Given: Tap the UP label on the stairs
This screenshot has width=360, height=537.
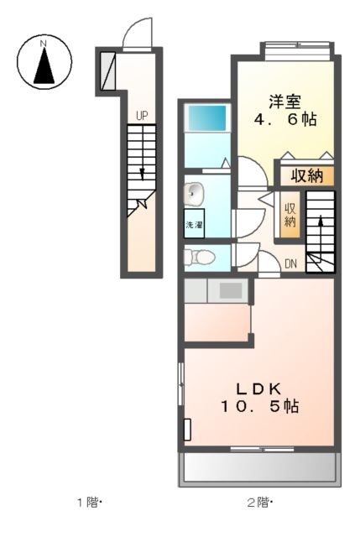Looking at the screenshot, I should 142,116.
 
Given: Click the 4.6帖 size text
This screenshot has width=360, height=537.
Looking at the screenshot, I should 284,120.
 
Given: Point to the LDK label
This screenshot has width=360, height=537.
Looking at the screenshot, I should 260,388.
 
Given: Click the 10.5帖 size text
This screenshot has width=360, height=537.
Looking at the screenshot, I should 260,406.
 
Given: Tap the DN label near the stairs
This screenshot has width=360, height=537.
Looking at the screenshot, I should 290,264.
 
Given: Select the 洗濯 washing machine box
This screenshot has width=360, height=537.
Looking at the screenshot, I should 194,225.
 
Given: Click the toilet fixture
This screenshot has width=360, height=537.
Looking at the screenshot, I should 195,256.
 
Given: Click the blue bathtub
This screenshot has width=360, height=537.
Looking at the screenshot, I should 206,117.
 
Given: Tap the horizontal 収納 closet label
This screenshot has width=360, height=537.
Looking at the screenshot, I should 306,176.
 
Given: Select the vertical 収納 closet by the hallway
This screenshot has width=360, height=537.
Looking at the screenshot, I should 290,215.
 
